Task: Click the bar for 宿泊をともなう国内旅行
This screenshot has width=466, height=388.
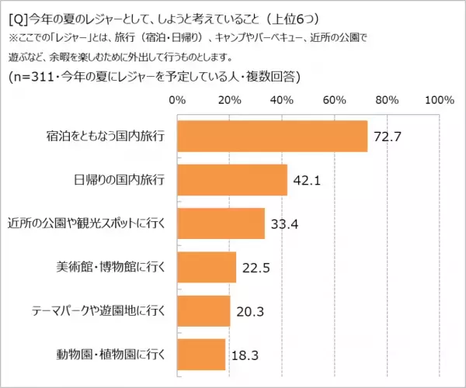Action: pos(272,137)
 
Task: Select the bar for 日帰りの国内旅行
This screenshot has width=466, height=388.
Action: pos(232,181)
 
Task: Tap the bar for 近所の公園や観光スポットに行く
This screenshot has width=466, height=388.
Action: pos(221,224)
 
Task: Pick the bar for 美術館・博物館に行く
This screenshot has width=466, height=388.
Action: pos(207,268)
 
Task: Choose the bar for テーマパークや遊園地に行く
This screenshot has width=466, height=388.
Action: pos(203,311)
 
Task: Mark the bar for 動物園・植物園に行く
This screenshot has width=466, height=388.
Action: pos(201,355)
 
